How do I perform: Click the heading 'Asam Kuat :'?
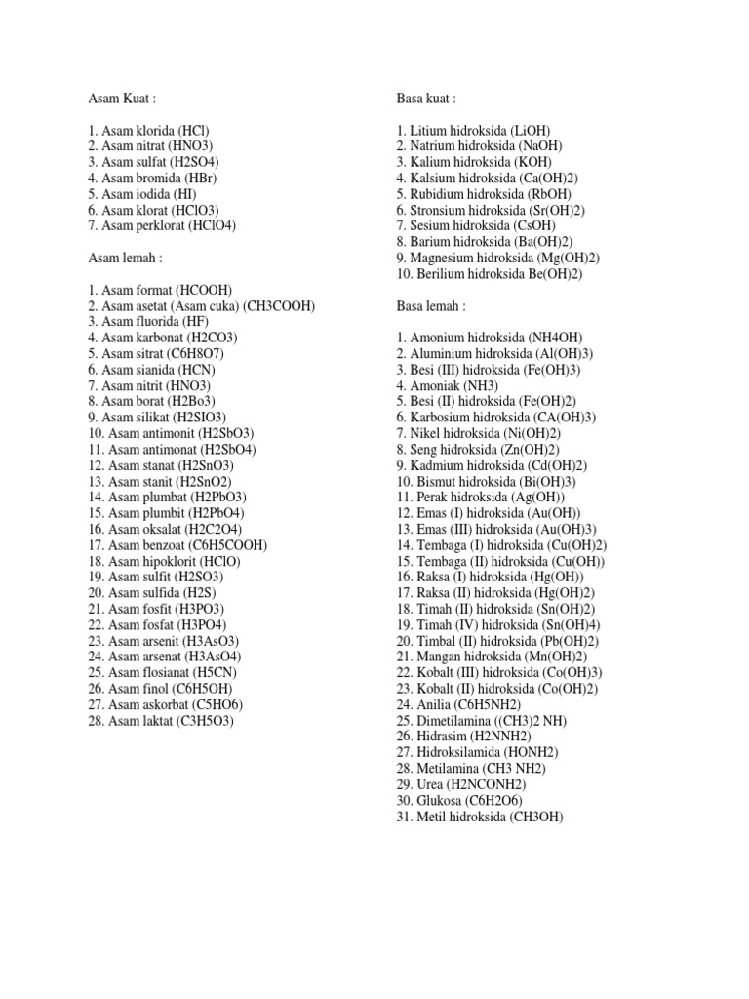click(121, 99)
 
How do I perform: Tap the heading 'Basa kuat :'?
click(426, 99)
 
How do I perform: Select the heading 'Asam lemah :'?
click(124, 258)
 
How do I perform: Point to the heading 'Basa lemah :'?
click(431, 305)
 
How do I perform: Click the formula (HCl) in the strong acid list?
click(193, 131)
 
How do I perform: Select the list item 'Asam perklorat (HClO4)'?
click(162, 225)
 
